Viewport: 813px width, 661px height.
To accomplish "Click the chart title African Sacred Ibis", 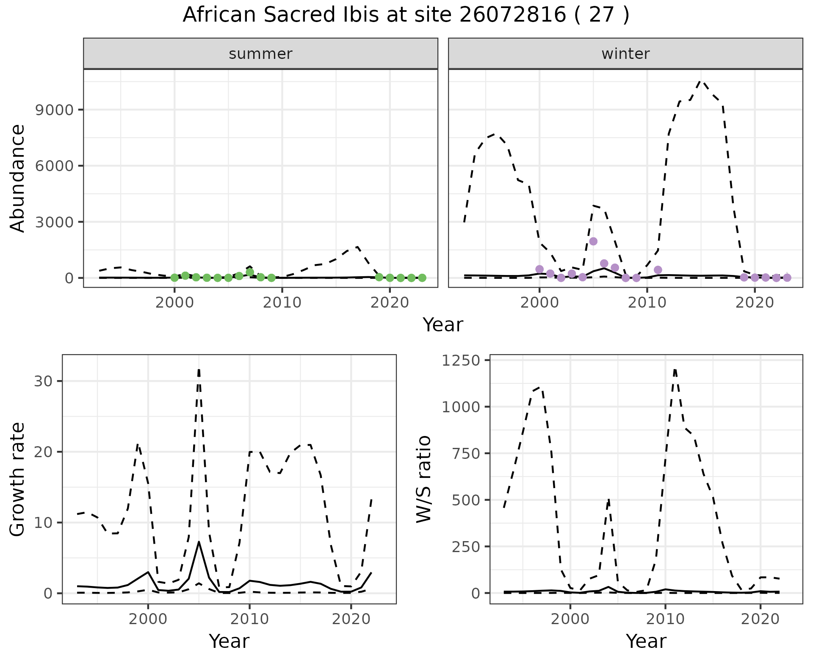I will pyautogui.click(x=406, y=15).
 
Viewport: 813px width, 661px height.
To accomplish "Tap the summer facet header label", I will pyautogui.click(x=260, y=54).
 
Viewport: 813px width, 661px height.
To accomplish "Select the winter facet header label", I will pyautogui.click(x=625, y=54).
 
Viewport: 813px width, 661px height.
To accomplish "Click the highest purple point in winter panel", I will pyautogui.click(x=593, y=242).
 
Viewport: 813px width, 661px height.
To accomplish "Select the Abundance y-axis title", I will pyautogui.click(x=17, y=178).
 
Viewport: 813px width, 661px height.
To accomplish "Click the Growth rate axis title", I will pyautogui.click(x=17, y=479).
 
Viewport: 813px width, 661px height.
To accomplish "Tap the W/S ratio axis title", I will pyautogui.click(x=423, y=479).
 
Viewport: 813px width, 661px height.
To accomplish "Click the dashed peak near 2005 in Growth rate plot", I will pyautogui.click(x=199, y=369).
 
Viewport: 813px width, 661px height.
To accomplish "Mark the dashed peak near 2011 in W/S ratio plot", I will pyautogui.click(x=675, y=369).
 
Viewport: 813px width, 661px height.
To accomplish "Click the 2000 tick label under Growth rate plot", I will pyautogui.click(x=148, y=619).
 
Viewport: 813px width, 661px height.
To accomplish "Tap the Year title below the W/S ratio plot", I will pyautogui.click(x=646, y=641).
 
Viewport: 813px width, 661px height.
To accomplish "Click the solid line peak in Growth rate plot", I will pyautogui.click(x=199, y=542).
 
